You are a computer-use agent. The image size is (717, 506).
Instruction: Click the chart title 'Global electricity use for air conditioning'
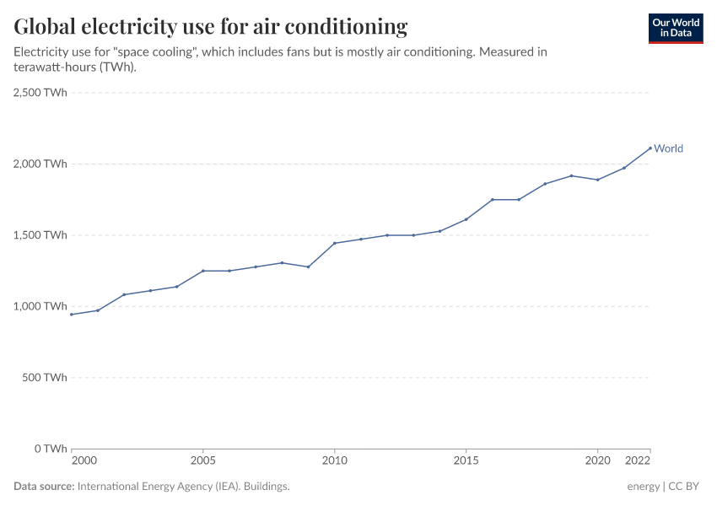point(210,27)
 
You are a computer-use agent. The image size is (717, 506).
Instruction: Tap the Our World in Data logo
point(675,28)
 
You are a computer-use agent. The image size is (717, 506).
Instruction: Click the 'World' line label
point(668,148)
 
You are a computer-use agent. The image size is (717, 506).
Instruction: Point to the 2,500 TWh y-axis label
point(40,93)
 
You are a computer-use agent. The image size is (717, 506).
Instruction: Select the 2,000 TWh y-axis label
point(40,164)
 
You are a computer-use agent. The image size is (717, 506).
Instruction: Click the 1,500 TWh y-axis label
point(40,234)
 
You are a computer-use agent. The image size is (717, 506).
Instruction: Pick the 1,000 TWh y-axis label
point(40,306)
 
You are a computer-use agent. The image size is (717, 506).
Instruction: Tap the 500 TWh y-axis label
point(44,377)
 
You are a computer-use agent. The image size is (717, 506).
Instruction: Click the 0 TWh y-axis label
point(50,448)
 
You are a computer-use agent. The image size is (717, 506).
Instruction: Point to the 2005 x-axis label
point(202,461)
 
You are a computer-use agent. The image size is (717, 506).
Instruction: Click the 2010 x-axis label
point(335,461)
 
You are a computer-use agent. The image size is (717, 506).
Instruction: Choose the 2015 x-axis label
point(466,461)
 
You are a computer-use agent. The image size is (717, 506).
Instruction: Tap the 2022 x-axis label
point(639,461)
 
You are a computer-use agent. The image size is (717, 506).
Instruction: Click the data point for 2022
point(650,148)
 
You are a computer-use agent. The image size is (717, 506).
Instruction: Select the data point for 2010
point(335,243)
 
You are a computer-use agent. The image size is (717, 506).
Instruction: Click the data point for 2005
point(202,271)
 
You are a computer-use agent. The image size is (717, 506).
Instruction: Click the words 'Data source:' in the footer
point(44,487)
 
